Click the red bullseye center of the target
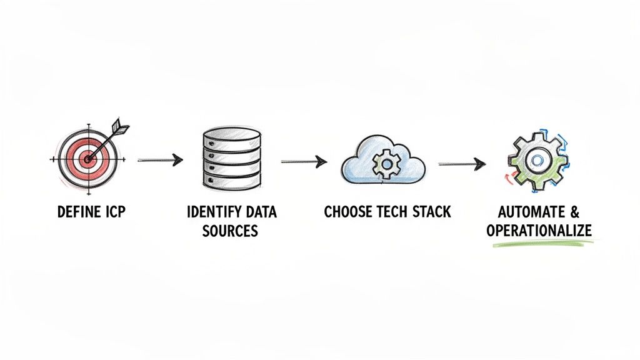pos(87,159)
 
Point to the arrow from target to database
pos(160,161)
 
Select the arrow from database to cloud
pos(304,162)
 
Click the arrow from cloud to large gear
pos(462,164)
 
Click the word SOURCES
pos(231,231)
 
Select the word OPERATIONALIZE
pos(539,231)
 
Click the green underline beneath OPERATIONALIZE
pos(539,244)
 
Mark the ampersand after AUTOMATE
pos(574,212)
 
